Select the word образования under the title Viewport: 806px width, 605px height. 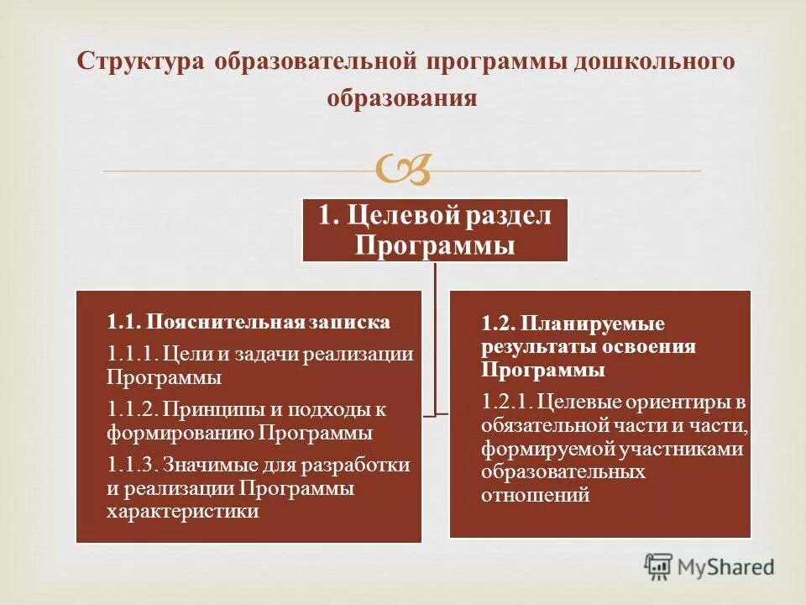coord(401,99)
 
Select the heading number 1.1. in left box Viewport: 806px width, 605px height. coord(123,321)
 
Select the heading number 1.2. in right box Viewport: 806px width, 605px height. coord(497,324)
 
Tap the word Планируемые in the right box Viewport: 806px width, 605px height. coord(593,324)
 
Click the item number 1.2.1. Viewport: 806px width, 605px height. coord(505,402)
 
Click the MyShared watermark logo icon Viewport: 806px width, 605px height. coord(659,567)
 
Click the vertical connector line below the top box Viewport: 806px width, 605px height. coord(435,336)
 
